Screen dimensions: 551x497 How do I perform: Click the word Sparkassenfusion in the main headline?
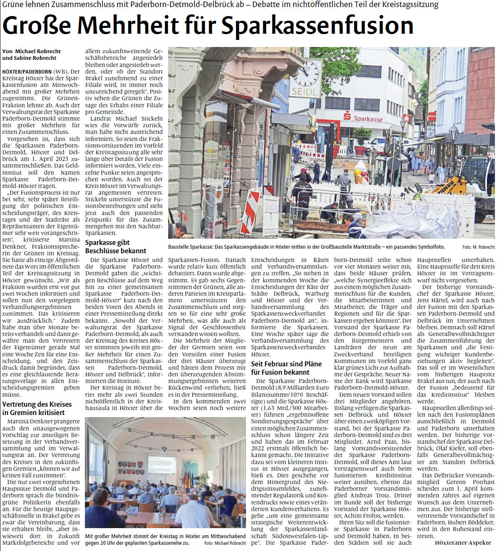pos(317,26)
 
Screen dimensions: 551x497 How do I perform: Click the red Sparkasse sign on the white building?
pos(363,118)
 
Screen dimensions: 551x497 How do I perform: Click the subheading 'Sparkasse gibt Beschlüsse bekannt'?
pos(115,247)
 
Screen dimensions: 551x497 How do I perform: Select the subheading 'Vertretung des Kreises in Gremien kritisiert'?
pos(37,408)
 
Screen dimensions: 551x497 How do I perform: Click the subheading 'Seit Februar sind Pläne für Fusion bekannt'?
pos(286,368)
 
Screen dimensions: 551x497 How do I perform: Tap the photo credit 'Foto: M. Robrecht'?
pos(478,247)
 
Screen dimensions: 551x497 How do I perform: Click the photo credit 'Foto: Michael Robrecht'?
pos(225,543)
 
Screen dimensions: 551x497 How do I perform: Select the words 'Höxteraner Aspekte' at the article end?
pos(463,543)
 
